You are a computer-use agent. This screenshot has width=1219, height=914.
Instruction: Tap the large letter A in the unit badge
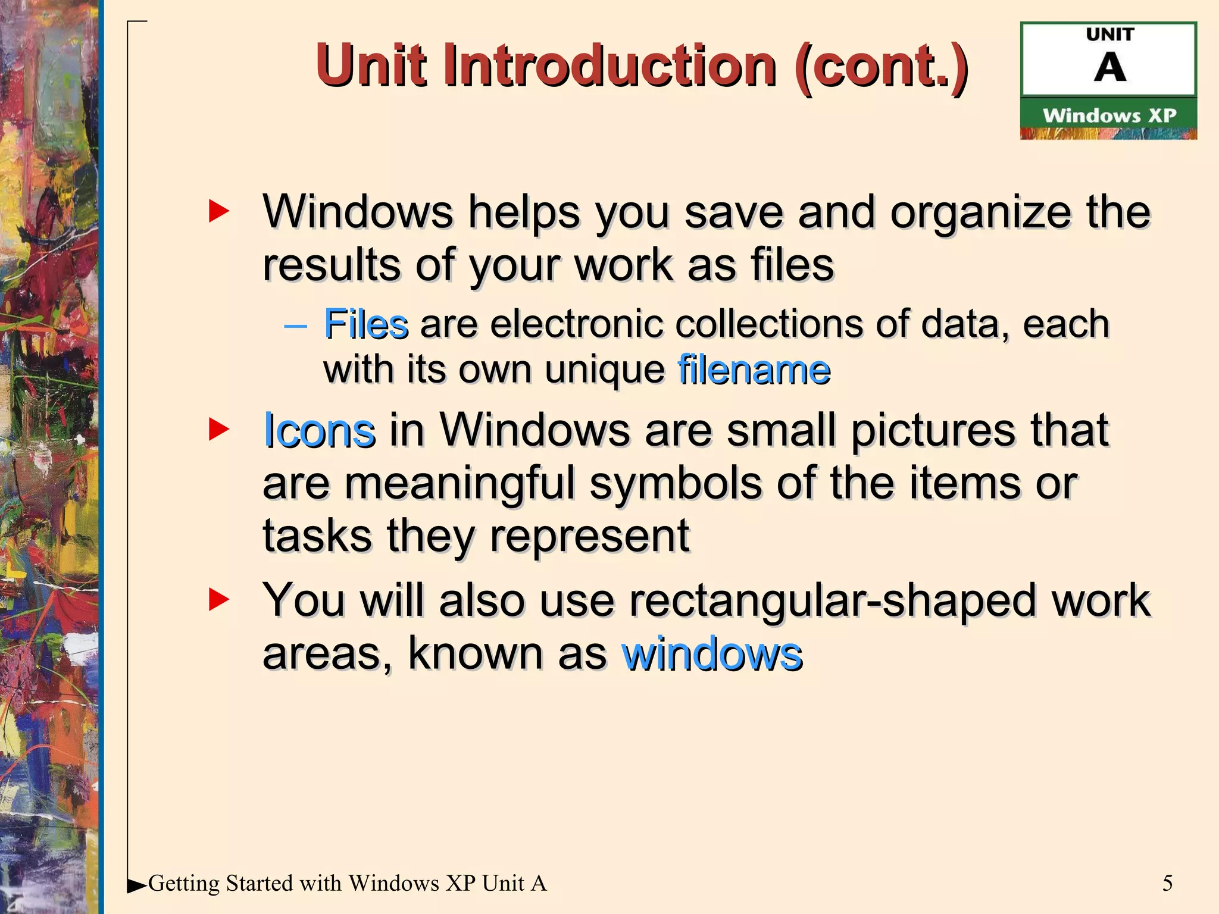1109,67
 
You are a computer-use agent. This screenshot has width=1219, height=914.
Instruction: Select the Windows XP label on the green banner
1109,115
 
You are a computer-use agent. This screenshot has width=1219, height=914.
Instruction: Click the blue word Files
365,324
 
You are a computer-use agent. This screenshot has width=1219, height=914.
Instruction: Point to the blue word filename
754,370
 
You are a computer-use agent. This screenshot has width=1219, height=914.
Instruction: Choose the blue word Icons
319,430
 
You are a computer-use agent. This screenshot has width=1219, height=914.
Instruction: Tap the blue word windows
712,655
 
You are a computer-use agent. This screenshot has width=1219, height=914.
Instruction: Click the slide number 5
1167,883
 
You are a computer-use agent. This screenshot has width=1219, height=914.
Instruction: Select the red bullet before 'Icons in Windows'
218,429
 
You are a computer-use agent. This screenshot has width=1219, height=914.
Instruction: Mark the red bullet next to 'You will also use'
218,600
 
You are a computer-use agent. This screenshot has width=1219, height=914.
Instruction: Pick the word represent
589,536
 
